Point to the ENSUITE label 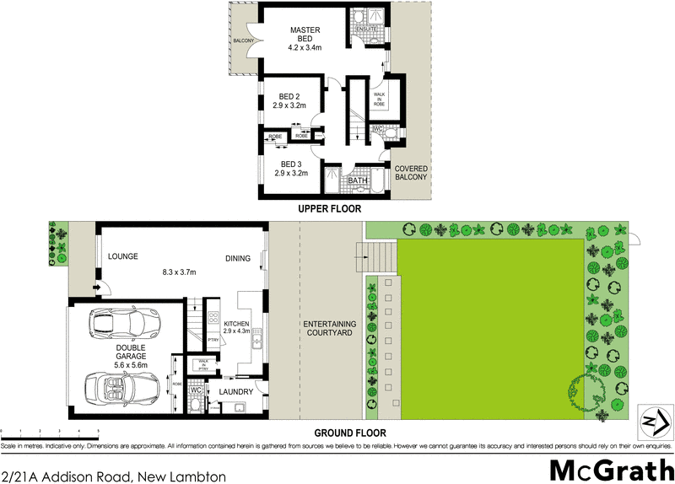(x=366, y=30)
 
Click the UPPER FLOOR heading (x=329, y=207)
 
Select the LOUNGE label (x=122, y=257)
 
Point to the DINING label (x=239, y=258)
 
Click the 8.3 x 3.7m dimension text (x=179, y=273)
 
